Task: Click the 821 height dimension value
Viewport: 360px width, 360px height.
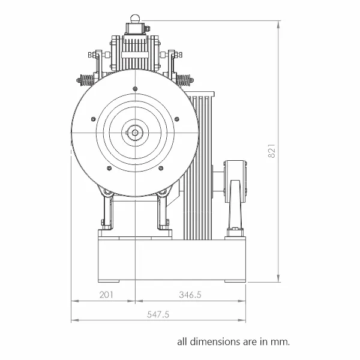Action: click(272, 151)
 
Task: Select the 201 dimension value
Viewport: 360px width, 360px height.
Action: click(106, 295)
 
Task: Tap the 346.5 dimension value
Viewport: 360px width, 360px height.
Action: click(190, 295)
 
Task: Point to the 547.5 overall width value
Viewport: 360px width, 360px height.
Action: click(158, 314)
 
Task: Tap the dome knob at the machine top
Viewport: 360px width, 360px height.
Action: click(135, 19)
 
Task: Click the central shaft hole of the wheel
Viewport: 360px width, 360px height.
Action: click(135, 133)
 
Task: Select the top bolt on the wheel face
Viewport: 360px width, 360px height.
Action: click(135, 89)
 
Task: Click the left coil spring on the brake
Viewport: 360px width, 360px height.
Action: click(86, 80)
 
